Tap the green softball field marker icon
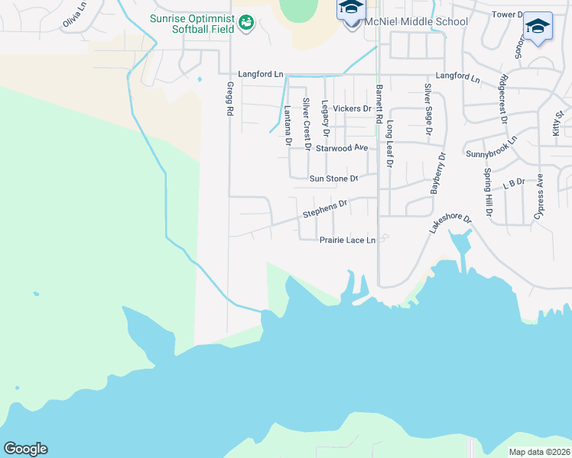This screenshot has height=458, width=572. tap(245, 24)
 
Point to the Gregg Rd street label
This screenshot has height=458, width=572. tap(229, 99)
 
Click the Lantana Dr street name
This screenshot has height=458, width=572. tap(288, 125)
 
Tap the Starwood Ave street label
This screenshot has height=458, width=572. tap(342, 147)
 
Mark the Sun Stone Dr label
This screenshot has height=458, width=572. tap(333, 179)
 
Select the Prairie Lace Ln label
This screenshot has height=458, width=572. tap(347, 240)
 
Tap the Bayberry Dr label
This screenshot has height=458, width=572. tap(437, 173)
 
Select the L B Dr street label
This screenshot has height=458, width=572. tap(513, 183)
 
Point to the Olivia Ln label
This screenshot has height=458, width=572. tap(73, 15)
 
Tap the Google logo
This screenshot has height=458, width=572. tap(25, 449)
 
